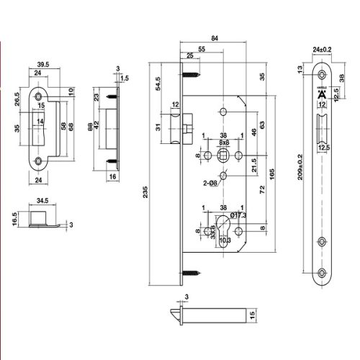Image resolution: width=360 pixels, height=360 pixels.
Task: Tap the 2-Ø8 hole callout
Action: click(x=211, y=184)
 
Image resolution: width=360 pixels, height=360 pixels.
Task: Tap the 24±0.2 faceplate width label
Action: click(x=323, y=50)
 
